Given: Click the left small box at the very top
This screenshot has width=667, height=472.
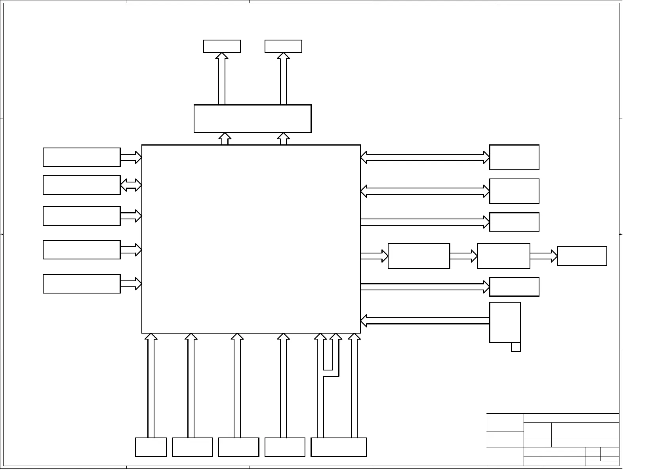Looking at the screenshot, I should pos(222,46).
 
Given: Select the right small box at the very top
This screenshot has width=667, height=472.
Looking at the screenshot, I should pos(283,46).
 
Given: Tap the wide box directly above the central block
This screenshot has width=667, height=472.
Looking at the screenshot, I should pos(252,119).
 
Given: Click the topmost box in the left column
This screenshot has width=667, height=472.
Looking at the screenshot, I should pos(82,157).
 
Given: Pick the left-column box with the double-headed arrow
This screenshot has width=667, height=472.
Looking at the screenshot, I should pos(82,185).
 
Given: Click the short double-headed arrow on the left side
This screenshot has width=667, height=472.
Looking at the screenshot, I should pos(131,185).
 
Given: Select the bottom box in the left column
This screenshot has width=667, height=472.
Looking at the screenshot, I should pos(82,284).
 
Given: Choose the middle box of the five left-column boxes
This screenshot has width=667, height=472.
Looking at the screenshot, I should pos(82,216).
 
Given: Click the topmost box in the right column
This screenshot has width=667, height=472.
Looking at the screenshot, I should pos(514,157).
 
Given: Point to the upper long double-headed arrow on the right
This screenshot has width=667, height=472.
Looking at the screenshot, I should pos(425,157).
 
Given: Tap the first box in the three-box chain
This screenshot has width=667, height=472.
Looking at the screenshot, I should pos(419,256).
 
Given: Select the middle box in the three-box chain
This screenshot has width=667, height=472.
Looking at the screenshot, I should pos(503,256).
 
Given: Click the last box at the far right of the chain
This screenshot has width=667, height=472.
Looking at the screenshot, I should pos(582,256).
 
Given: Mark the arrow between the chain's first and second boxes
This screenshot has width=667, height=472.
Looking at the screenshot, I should pos(463,256).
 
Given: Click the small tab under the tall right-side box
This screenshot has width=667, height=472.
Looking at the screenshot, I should pos(516,347).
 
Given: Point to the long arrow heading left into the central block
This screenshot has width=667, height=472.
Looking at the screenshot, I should pos(425,321).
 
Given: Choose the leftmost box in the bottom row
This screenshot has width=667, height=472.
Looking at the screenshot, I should pos(151,447).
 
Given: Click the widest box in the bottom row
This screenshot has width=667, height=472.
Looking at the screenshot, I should pos(339,447).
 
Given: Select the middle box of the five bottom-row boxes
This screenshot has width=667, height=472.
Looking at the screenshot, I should pos(238,447).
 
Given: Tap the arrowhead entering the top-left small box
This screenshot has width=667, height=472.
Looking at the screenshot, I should pos(222,56).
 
